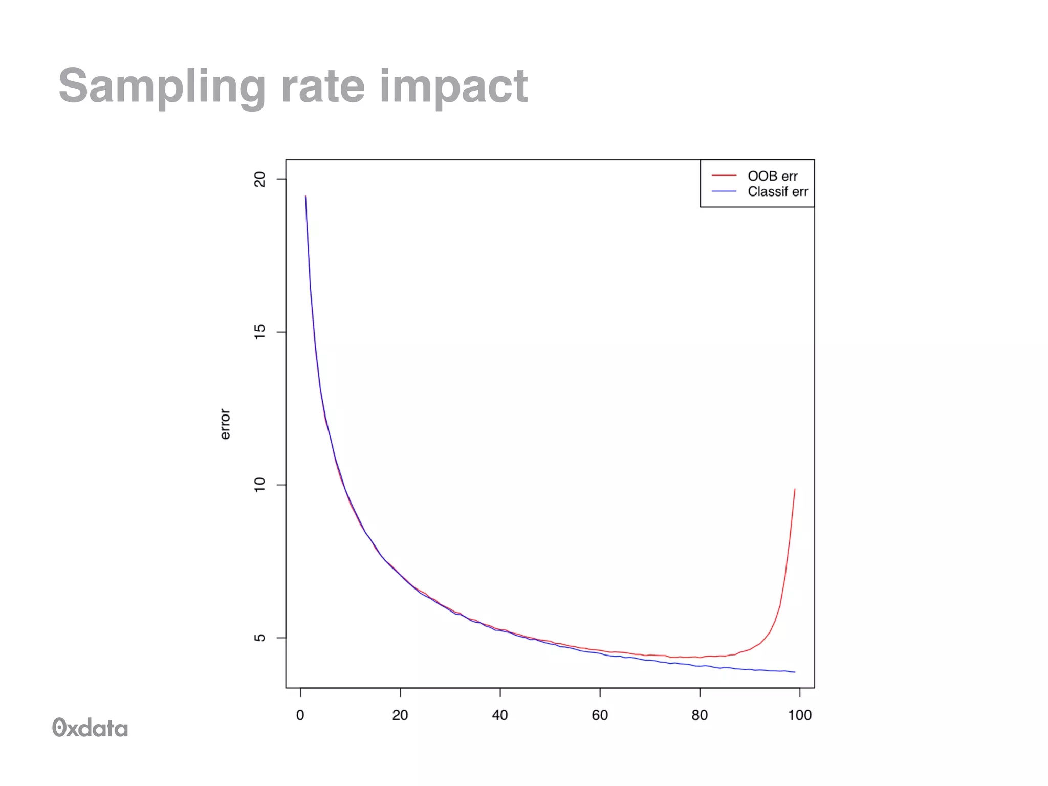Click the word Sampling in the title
pos(161,87)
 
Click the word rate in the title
pos(322,87)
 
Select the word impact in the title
pos(453,87)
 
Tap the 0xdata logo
pos(90,728)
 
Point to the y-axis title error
pos(225,424)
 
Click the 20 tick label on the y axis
pos(260,179)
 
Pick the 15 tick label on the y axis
pos(260,332)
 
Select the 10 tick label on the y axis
pos(260,485)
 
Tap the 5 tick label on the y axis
pos(260,638)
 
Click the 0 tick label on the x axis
pos(300,715)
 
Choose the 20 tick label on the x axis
pos(400,715)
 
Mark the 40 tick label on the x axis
pos(500,715)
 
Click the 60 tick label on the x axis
pos(600,715)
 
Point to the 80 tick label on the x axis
pos(700,715)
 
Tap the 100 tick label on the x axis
pos(799,715)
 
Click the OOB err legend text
pos(772,176)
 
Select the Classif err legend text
pos(777,192)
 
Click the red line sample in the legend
pos(724,176)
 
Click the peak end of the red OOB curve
pos(795,490)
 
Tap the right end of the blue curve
pos(794,672)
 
